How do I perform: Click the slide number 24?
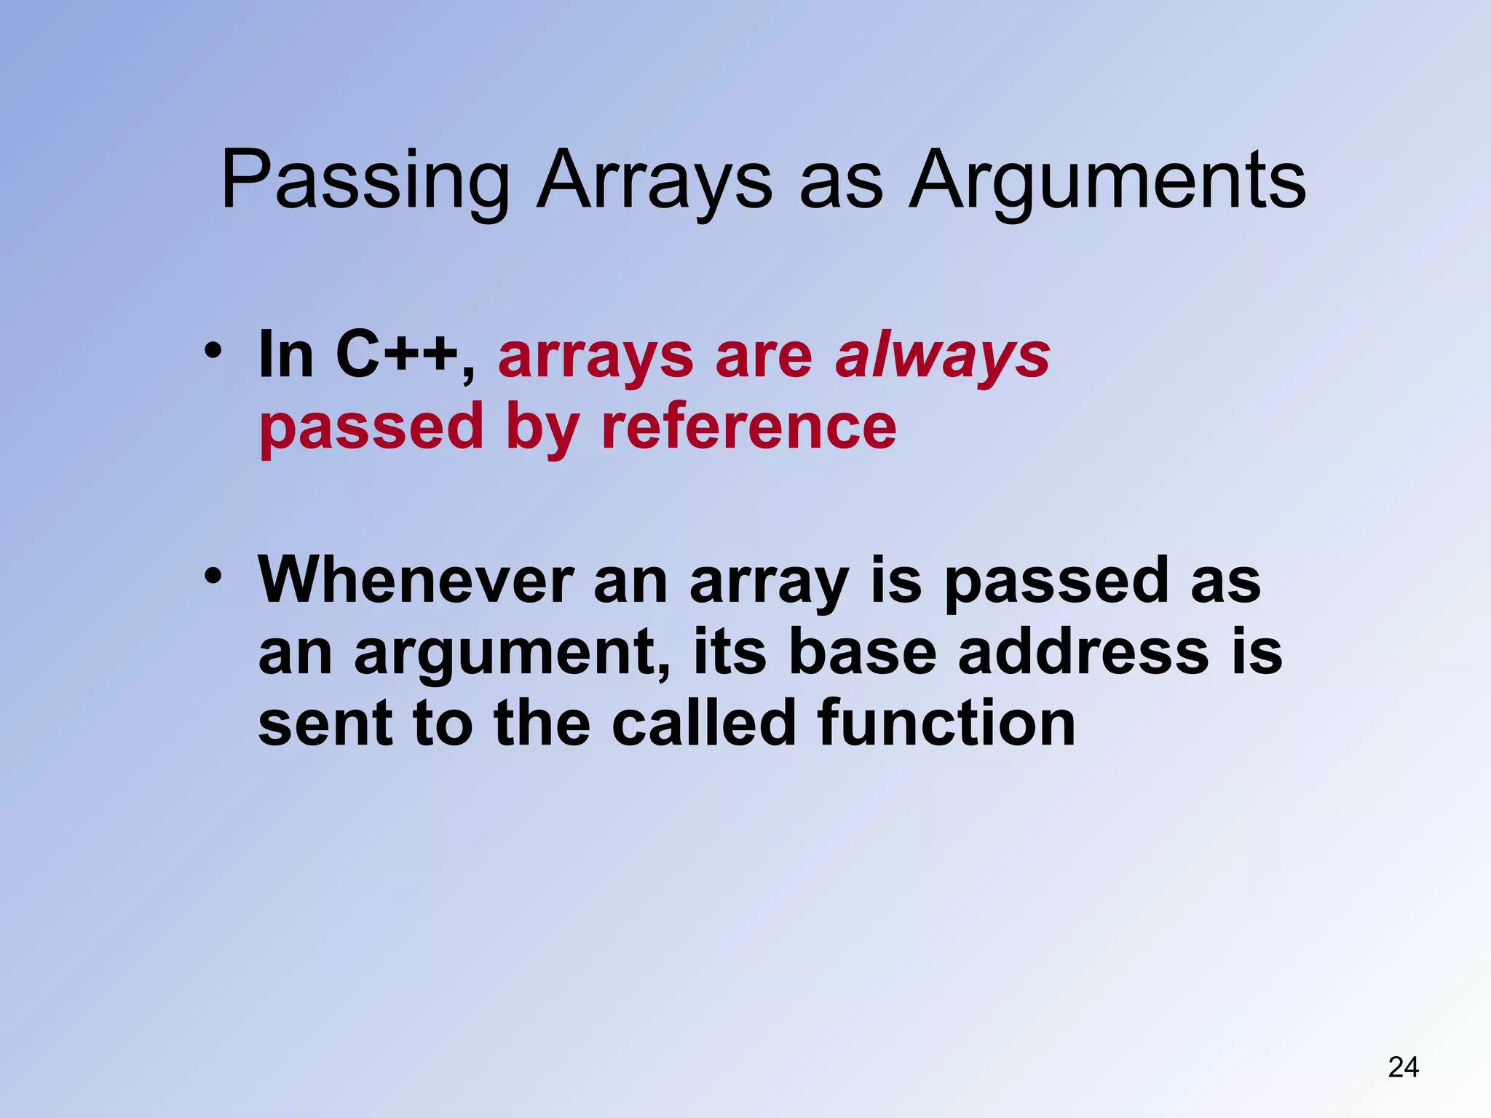tap(1403, 1067)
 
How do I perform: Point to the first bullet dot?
tap(212, 352)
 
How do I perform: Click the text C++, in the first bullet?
tap(406, 355)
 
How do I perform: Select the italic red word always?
tap(942, 358)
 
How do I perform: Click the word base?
tap(862, 651)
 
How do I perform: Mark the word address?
tap(1083, 651)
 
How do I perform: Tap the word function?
tap(946, 723)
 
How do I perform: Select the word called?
tap(703, 723)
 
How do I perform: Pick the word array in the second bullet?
tap(768, 582)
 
